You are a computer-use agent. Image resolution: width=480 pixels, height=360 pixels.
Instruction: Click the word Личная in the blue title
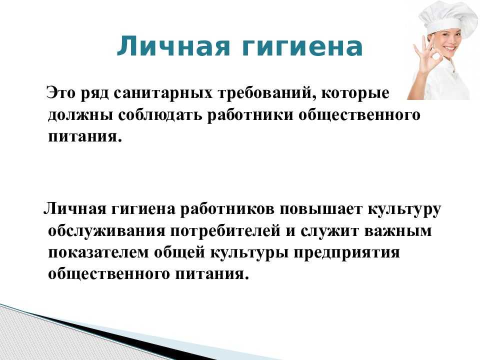[173, 46]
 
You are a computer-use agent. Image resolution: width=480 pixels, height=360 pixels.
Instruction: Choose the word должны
[79, 115]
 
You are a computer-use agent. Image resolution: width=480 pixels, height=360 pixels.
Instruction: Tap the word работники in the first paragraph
[250, 115]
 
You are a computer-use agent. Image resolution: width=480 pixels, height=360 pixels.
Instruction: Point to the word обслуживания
[106, 231]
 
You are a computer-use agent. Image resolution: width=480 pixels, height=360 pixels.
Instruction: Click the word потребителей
[225, 231]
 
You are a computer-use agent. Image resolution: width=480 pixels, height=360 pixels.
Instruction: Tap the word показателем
[98, 253]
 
